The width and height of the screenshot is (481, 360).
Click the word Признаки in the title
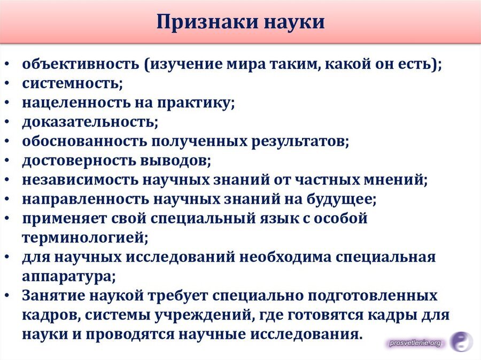point(207,22)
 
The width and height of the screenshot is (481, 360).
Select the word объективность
point(80,64)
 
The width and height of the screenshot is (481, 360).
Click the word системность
point(72,83)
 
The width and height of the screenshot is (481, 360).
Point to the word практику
point(196,103)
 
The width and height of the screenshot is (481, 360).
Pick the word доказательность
point(90,122)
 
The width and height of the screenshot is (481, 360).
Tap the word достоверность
point(79,161)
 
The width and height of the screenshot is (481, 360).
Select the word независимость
point(80,180)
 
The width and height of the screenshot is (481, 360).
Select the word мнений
point(395,180)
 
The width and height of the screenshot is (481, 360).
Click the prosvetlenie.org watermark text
point(415,343)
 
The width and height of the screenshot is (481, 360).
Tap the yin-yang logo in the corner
point(461,342)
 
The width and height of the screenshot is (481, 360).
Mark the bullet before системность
point(7,84)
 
